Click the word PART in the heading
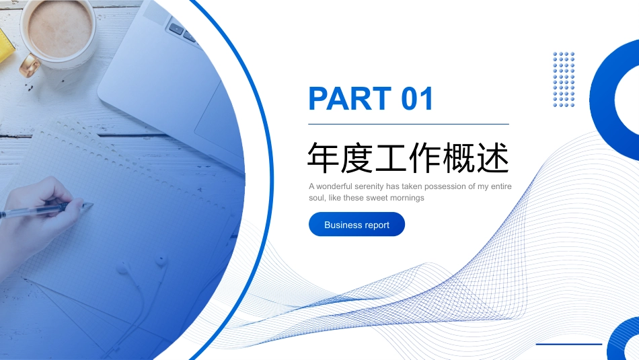coord(350,98)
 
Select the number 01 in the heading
coord(417,98)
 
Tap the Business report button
coord(356,224)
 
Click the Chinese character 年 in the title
coord(323,157)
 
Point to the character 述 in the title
coord(494,157)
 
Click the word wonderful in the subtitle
coord(334,186)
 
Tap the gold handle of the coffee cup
coord(30,65)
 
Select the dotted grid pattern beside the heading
coord(564,79)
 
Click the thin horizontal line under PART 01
coord(408,124)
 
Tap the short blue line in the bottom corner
coord(568,344)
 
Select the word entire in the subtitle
coord(501,186)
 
